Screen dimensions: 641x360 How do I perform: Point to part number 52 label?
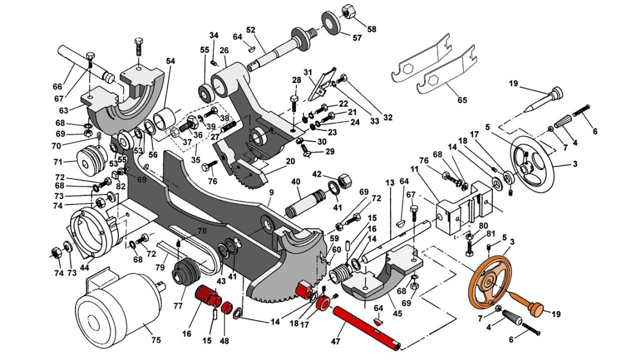(251, 30)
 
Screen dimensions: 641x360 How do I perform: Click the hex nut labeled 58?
(349, 11)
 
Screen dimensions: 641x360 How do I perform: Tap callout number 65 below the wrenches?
(462, 100)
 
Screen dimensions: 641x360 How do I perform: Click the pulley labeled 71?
(89, 158)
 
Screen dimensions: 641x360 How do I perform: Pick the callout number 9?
(271, 191)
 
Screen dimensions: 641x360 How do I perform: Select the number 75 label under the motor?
(156, 339)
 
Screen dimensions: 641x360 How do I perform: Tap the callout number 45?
(397, 313)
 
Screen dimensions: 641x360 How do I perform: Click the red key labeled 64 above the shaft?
(378, 321)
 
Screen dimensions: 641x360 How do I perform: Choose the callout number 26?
(224, 51)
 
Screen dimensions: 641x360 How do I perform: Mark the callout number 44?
(85, 267)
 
